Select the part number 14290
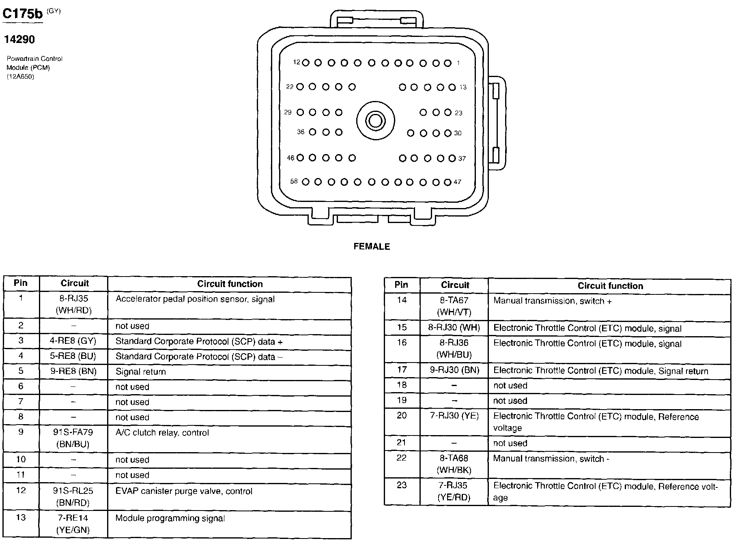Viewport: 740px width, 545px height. coord(19,39)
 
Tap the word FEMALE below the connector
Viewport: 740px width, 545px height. coord(372,247)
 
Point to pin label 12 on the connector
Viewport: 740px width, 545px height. coord(297,62)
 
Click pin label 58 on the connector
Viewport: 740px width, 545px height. coord(294,181)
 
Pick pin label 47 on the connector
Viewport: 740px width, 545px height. coord(458,182)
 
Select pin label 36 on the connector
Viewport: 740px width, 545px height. coord(301,132)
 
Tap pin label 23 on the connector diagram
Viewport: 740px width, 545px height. coord(458,113)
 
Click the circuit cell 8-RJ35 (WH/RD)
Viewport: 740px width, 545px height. coord(74,305)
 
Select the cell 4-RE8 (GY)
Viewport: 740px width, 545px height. coord(73,341)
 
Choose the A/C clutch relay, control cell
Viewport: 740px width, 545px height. coord(162,433)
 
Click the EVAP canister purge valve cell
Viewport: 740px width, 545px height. coord(184,491)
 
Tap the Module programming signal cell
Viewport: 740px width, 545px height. coord(170,518)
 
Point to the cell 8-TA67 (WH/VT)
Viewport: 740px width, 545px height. coord(454,306)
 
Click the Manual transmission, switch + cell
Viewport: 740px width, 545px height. coord(553,301)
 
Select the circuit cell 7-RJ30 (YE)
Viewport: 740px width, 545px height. coord(454,416)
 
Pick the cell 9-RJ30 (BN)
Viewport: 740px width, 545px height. coord(454,370)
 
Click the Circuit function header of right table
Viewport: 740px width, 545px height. coord(610,286)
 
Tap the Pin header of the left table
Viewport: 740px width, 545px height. coord(21,283)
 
